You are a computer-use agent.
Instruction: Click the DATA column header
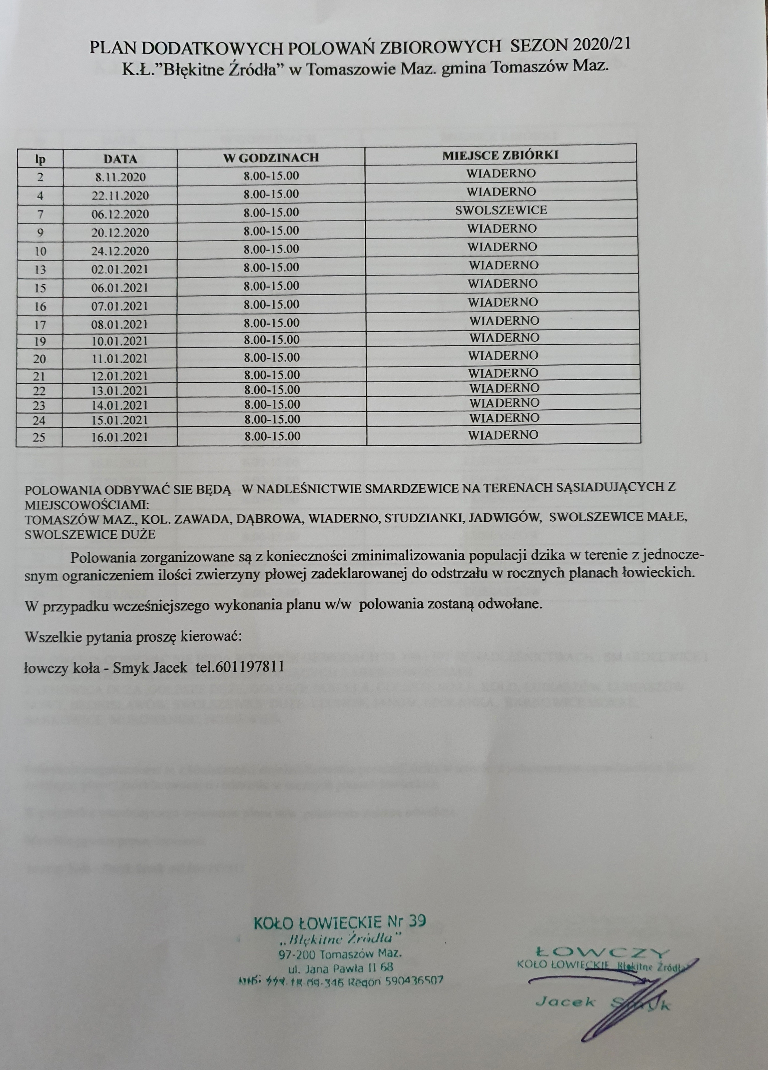tap(120, 159)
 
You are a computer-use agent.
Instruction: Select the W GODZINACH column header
tap(271, 157)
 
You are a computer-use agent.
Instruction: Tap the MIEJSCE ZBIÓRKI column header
tap(500, 155)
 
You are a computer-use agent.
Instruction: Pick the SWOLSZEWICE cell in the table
tap(501, 210)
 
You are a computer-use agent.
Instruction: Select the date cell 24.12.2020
tap(120, 250)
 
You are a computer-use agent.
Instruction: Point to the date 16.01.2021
tap(120, 437)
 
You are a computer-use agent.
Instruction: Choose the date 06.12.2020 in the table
tap(120, 214)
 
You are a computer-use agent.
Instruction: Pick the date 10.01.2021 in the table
tap(120, 341)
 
